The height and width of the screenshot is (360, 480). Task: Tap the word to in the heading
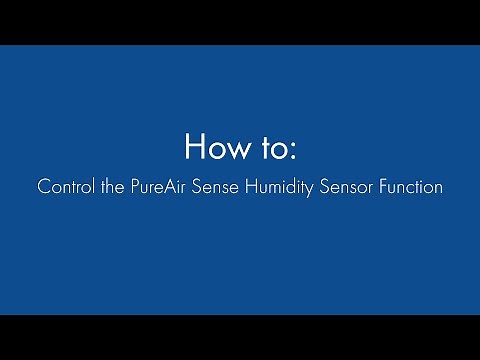(273, 148)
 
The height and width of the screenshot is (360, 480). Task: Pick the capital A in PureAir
(169, 186)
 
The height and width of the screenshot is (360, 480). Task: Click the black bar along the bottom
(240, 337)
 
